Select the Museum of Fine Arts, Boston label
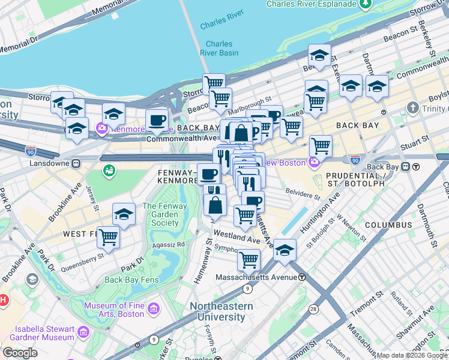pyautogui.click(x=114, y=310)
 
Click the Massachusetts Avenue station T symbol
pyautogui.click(x=303, y=277)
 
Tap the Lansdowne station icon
pyautogui.click(x=76, y=163)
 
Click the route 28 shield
pyautogui.click(x=313, y=308)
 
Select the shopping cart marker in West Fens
pyautogui.click(x=108, y=236)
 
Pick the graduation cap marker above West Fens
pyautogui.click(x=124, y=214)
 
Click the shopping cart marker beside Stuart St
pyautogui.click(x=321, y=145)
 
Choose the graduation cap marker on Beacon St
pyautogui.click(x=319, y=56)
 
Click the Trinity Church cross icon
pyautogui.click(x=412, y=108)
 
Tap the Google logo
pyautogui.click(x=20, y=353)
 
